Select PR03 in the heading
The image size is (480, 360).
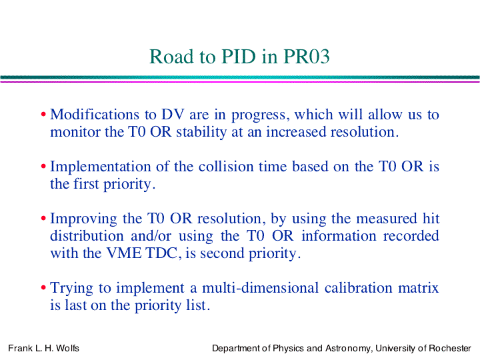[307, 56]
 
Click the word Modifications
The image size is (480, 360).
[95, 114]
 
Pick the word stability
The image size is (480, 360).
[201, 132]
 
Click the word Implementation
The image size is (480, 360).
[101, 167]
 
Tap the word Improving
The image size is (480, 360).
[83, 219]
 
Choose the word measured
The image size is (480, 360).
[386, 219]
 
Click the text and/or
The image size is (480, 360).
[151, 236]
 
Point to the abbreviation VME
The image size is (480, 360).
[124, 253]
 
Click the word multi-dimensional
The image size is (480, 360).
[261, 288]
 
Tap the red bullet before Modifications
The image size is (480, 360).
[43, 115]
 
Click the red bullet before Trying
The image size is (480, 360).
[43, 288]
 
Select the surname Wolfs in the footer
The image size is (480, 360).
[67, 348]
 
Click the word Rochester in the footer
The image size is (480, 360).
[450, 349]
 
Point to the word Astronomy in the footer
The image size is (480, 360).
[347, 349]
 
